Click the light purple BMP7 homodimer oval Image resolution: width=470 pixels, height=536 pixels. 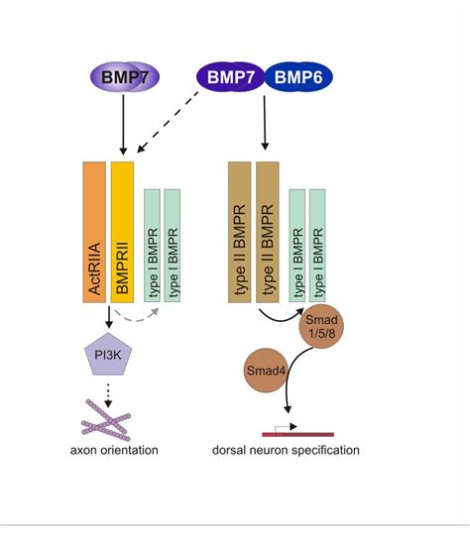click(x=125, y=77)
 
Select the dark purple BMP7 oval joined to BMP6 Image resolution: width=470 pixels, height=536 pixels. click(x=231, y=77)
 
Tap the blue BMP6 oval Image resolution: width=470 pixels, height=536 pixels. click(x=298, y=77)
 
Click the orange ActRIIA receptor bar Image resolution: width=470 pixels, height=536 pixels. click(x=94, y=232)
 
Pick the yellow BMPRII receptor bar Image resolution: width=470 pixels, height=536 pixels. click(x=122, y=232)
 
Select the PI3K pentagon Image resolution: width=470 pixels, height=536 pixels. click(x=108, y=355)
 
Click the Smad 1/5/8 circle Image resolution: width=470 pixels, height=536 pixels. click(x=321, y=326)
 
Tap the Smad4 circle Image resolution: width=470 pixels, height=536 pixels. click(x=266, y=371)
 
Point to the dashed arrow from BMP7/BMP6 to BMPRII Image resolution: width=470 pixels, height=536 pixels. click(x=168, y=122)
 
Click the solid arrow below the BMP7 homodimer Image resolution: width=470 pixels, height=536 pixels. click(x=124, y=125)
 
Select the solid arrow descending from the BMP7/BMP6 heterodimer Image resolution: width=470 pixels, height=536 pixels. click(x=265, y=123)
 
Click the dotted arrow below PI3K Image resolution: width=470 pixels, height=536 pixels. click(x=108, y=395)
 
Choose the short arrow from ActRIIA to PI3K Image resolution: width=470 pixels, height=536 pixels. click(x=109, y=317)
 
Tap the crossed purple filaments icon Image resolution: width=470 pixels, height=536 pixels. click(x=106, y=420)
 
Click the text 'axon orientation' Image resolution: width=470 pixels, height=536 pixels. click(x=114, y=450)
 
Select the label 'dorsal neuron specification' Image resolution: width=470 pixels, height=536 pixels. click(x=286, y=450)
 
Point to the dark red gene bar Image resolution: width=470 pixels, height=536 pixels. click(x=297, y=435)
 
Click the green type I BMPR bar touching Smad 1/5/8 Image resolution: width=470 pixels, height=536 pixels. click(x=317, y=246)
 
